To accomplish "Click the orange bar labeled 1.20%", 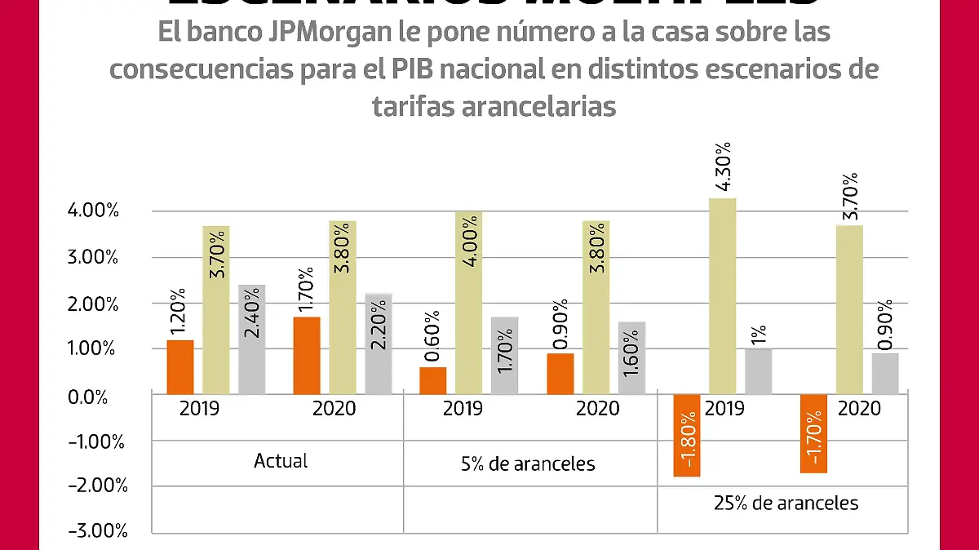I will (x=180, y=366).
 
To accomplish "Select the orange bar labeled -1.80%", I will (x=687, y=435).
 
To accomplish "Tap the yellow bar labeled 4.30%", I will (x=722, y=296).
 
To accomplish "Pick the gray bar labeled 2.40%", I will (x=252, y=339).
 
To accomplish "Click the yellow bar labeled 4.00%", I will (x=469, y=303).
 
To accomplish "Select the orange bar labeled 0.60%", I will (x=433, y=380).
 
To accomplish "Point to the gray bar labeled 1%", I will (x=758, y=371).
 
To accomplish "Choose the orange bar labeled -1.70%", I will (x=814, y=433).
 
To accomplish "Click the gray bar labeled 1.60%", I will (x=631, y=357).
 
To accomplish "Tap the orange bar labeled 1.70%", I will (x=307, y=355).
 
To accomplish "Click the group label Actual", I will (x=281, y=461).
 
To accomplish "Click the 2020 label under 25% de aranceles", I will (x=860, y=408).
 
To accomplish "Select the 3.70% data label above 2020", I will (x=849, y=196).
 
